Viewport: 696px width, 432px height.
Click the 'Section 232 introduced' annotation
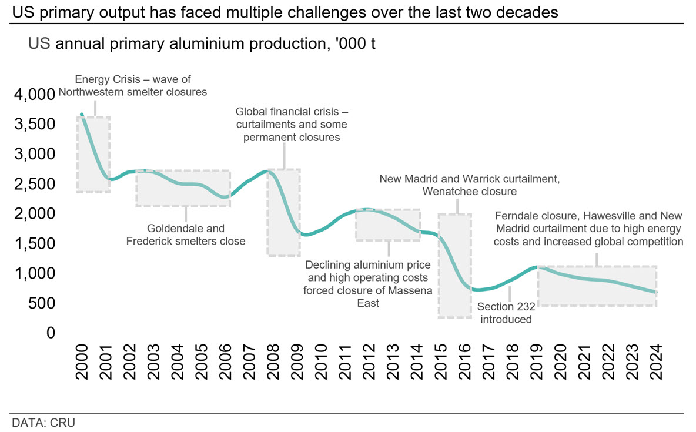(x=505, y=313)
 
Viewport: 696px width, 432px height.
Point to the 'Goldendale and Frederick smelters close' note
(x=186, y=235)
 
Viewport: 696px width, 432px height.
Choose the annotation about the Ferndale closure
(x=589, y=228)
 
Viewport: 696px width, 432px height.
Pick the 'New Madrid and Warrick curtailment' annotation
(x=469, y=185)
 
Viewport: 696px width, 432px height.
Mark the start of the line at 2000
(x=82, y=115)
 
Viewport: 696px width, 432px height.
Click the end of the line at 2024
(x=655, y=292)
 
